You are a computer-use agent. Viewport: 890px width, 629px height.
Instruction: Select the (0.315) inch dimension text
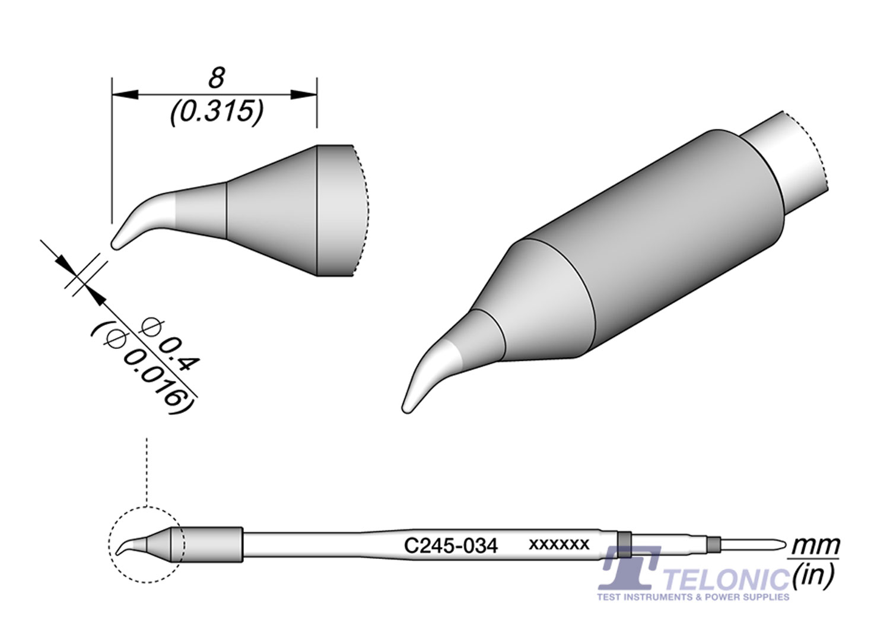(x=216, y=112)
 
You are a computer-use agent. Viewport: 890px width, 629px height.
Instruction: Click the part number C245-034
(x=450, y=545)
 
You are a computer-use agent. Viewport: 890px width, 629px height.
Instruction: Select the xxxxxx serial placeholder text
(x=558, y=544)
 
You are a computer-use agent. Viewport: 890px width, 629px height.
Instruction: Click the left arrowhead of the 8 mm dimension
(x=125, y=94)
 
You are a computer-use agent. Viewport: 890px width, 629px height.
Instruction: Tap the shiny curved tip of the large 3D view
(x=424, y=380)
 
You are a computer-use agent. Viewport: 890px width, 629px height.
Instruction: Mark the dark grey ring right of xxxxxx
(x=624, y=545)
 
